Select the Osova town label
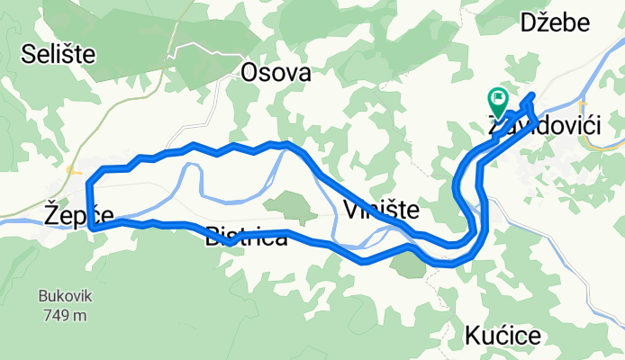point(276,74)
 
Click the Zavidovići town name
point(544,128)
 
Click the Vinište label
point(381,211)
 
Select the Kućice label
point(503,336)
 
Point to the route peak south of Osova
point(286,143)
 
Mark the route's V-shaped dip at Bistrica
point(231,241)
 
